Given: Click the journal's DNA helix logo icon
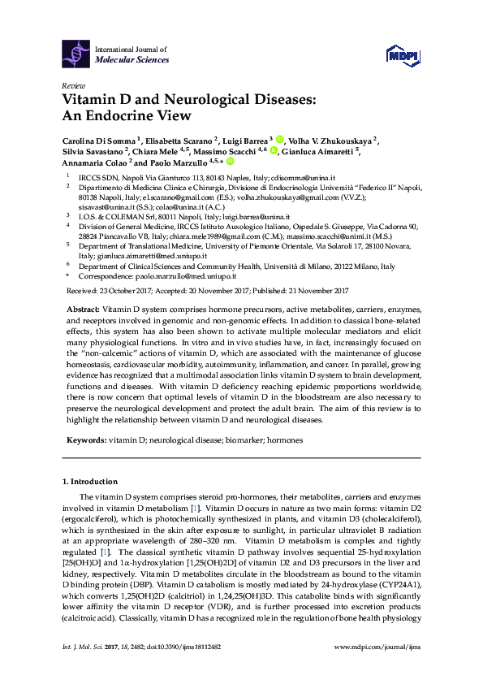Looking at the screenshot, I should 76,54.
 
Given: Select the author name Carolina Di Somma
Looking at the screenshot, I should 98,139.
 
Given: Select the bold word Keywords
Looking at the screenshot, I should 86,439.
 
